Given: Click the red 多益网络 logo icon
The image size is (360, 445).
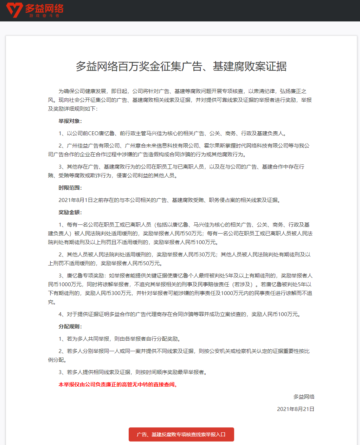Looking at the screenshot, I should (14, 10).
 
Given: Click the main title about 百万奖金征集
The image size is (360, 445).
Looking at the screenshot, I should (181, 66).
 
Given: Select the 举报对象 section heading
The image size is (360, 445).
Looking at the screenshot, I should (70, 121).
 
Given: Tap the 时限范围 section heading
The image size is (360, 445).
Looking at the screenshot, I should (70, 188).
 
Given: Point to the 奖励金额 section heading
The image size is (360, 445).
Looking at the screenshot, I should (70, 212).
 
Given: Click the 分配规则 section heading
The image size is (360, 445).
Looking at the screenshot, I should (70, 327).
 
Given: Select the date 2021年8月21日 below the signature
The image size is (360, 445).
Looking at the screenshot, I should (296, 409).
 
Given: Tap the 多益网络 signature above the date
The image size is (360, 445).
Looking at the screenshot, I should (304, 397).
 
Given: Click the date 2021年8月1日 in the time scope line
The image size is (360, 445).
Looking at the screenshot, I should (76, 200).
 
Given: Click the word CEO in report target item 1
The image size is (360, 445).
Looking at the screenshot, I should (94, 133).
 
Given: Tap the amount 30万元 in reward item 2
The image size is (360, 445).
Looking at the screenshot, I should (207, 255).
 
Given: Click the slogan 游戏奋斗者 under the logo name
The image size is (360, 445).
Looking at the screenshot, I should (44, 16).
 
